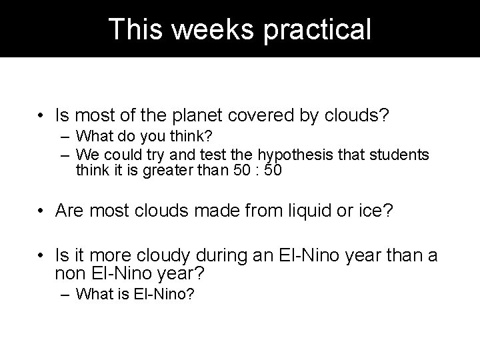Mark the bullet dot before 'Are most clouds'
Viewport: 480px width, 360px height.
coord(42,212)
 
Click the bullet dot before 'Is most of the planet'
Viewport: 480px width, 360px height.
coord(42,117)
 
